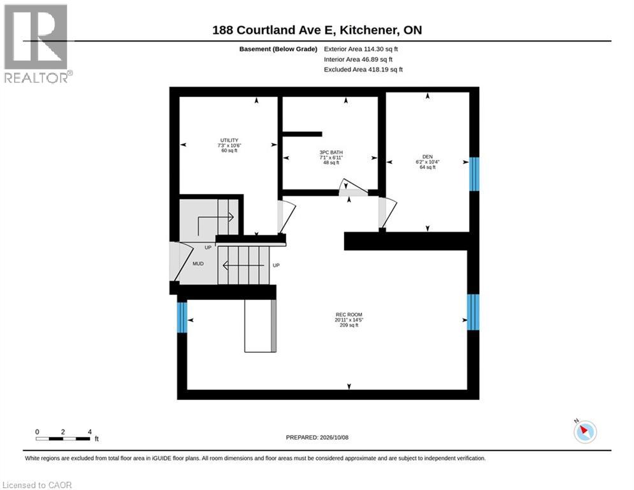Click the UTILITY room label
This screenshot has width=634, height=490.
[x=229, y=140]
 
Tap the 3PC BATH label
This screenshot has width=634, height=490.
[x=331, y=152]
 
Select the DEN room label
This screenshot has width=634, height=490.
[x=428, y=157]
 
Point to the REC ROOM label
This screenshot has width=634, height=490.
[x=349, y=315]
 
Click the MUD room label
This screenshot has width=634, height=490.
[x=198, y=264]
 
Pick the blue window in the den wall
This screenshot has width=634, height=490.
[x=474, y=174]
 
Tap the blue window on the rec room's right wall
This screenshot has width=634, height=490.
[x=473, y=312]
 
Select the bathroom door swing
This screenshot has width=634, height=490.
[x=352, y=188]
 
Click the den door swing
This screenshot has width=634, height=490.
[x=387, y=213]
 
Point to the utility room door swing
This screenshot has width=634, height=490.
[x=286, y=217]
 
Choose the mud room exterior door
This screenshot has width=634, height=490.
[x=181, y=262]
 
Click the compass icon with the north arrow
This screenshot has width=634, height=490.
[x=585, y=431]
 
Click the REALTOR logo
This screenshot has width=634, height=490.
[x=36, y=44]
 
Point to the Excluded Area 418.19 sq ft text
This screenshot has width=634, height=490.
[x=363, y=70]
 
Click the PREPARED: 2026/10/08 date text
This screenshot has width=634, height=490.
[x=317, y=437]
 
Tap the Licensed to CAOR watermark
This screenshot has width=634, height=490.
[x=37, y=485]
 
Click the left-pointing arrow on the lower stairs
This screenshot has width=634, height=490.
[x=244, y=265]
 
